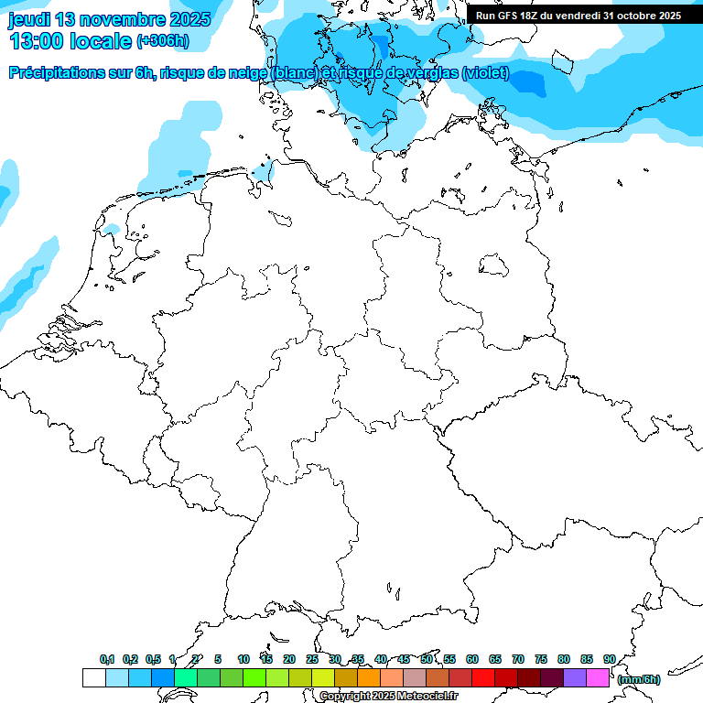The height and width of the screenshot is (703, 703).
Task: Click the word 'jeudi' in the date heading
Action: point(28,19)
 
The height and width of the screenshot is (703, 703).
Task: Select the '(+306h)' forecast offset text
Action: point(162,41)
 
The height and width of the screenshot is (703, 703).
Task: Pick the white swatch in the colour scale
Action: point(93,678)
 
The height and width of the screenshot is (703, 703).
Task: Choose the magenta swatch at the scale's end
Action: point(598,678)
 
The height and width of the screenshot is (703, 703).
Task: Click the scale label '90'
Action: point(609,659)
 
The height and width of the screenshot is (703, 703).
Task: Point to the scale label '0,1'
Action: point(107,659)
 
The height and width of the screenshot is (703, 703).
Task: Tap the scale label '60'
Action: point(472,659)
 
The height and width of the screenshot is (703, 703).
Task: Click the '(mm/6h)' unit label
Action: point(638,679)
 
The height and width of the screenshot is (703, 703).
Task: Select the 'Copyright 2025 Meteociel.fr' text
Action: point(388,696)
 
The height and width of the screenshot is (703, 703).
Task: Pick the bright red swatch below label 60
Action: point(483,678)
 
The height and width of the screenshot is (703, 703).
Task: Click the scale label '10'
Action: point(243,659)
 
